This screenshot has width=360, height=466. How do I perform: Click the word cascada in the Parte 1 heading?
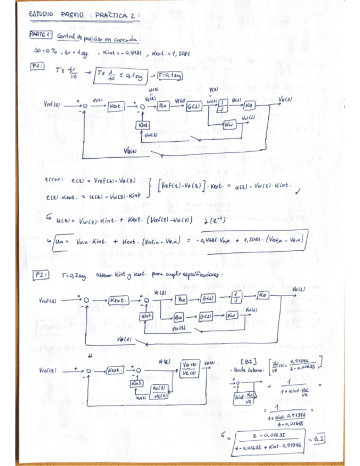point(128,39)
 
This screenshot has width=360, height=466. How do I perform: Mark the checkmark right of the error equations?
point(297,190)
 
